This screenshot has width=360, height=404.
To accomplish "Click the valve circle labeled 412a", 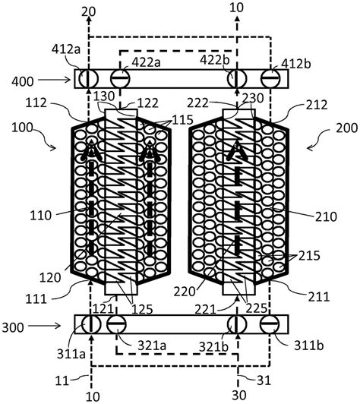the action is click(x=88, y=78).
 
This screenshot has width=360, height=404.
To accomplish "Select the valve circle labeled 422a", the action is click(x=120, y=78).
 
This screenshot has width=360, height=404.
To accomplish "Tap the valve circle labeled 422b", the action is click(x=237, y=78).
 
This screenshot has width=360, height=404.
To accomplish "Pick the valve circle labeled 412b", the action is click(x=270, y=78).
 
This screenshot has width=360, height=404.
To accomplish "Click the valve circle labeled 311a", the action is click(x=91, y=324).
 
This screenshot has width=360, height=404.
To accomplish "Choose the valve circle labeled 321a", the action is click(x=116, y=324).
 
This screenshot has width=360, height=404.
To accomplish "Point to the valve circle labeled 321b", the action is click(x=237, y=324).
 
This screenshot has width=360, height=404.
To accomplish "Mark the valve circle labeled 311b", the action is click(x=270, y=324).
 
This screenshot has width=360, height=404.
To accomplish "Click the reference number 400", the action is click(x=23, y=81).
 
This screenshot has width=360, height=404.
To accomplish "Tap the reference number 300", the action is click(x=13, y=328).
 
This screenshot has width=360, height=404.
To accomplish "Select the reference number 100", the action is click(x=23, y=128).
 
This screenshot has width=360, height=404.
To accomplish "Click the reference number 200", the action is click(x=347, y=128).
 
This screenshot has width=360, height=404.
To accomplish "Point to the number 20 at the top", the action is click(x=88, y=11).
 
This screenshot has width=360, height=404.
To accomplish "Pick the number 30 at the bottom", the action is click(x=239, y=395).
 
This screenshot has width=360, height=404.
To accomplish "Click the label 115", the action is click(x=183, y=120).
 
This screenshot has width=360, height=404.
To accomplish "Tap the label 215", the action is click(x=309, y=256).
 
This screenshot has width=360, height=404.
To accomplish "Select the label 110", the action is click(x=41, y=216).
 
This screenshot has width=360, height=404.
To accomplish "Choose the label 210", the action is click(x=326, y=216).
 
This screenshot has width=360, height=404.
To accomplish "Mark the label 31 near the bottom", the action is click(x=264, y=380).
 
